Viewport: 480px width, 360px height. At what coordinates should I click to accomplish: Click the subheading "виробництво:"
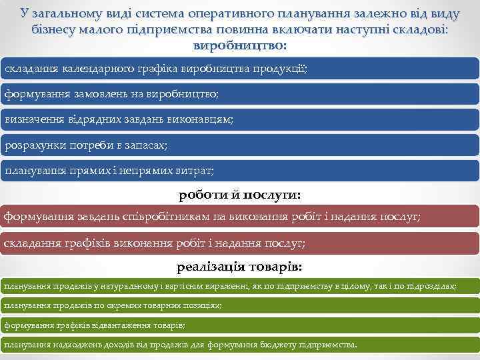coord(239,46)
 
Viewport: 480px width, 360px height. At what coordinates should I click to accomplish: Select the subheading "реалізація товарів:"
coord(239,267)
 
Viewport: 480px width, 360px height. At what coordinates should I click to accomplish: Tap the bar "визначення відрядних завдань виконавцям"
coord(239,120)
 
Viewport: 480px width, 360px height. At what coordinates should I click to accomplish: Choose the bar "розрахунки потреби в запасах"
coord(239,145)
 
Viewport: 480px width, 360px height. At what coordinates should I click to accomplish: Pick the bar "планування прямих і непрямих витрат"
coord(239,171)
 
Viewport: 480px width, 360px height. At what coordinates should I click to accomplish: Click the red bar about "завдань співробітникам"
coord(239,217)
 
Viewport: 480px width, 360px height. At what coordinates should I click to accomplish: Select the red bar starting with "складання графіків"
coord(239,243)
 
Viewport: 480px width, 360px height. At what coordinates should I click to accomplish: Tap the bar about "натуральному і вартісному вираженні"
coord(239,286)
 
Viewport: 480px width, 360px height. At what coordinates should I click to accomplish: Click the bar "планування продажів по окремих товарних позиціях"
coord(239,305)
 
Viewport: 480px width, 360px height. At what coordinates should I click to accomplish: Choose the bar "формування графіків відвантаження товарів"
coord(239,325)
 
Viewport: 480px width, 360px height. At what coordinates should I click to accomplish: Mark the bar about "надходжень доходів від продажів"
coord(239,345)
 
